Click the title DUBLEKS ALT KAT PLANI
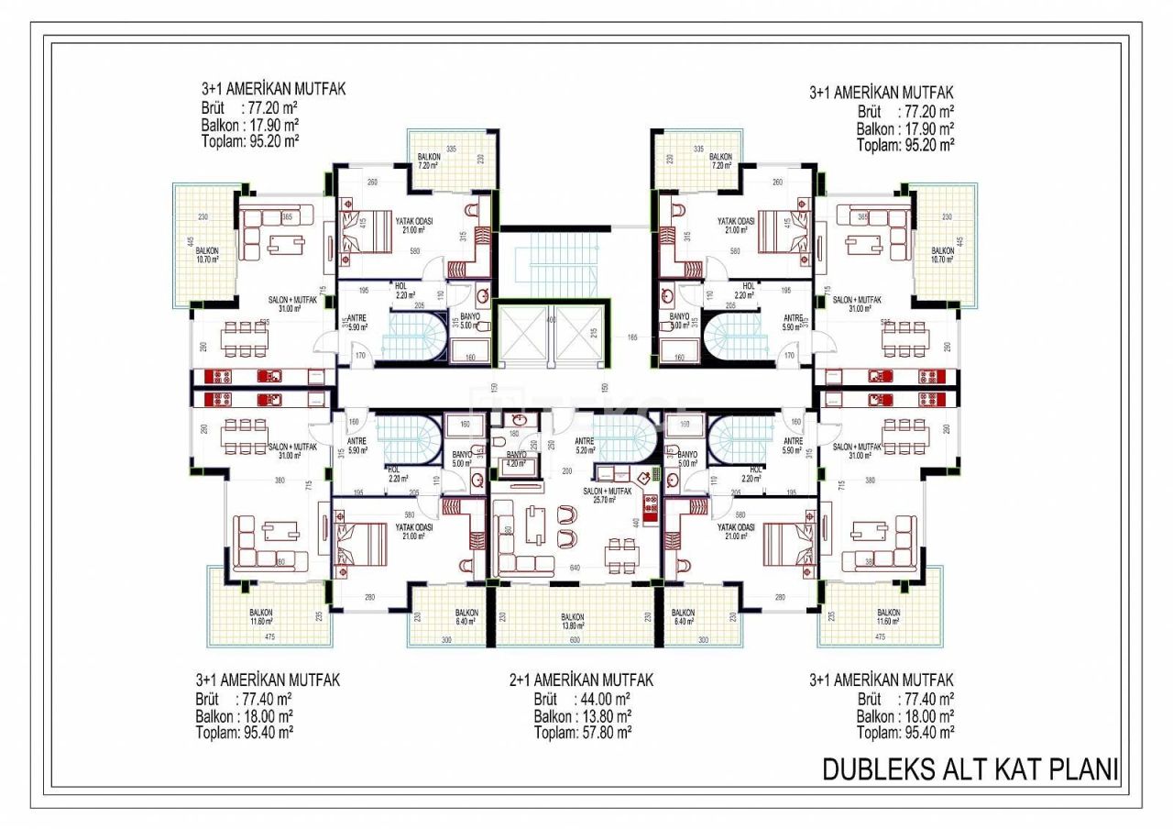[x=970, y=769]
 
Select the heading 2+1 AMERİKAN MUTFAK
[x=581, y=680]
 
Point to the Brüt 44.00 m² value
[x=581, y=699]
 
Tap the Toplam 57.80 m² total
[x=583, y=733]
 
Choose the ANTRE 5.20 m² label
[x=585, y=445]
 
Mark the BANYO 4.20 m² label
[x=516, y=459]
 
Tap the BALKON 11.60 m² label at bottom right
[x=888, y=616]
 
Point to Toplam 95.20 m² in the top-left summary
[x=250, y=141]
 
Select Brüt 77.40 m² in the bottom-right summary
[x=904, y=699]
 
